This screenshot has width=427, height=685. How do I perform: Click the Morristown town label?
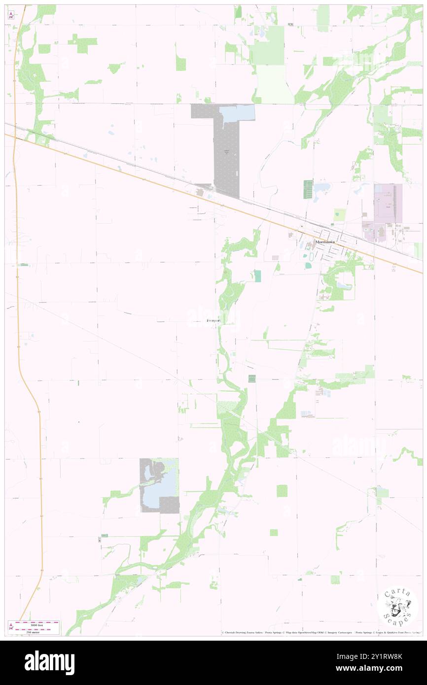(x=325, y=242)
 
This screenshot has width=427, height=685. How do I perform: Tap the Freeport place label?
(x=213, y=321)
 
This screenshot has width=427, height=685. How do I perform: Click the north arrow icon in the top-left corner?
(x=11, y=15)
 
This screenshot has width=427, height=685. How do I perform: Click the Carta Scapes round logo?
(x=397, y=607)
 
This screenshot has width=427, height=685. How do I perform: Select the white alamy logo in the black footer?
(x=49, y=662)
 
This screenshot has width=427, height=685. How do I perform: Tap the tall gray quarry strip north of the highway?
(x=226, y=158)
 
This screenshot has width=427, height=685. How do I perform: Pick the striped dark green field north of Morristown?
(x=308, y=190)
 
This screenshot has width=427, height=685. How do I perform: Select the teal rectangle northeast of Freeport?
(x=257, y=276)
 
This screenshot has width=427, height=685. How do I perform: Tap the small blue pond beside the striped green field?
(x=321, y=187)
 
